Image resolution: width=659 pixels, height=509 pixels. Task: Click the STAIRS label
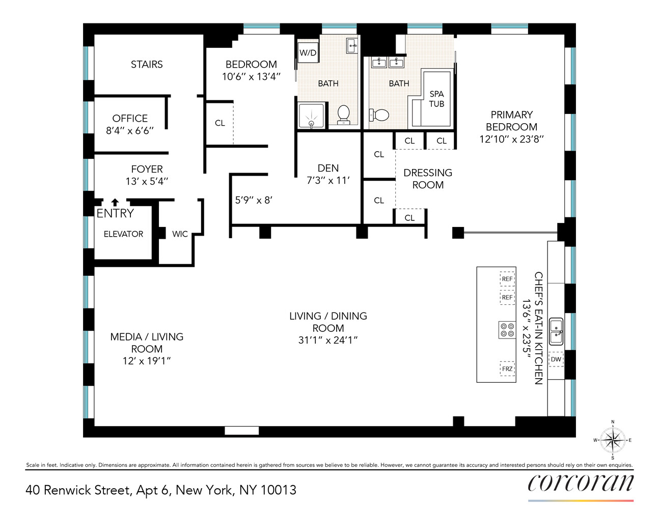tap(147, 64)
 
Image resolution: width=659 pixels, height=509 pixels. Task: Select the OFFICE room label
tap(130, 118)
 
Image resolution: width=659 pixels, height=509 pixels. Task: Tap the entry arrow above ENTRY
tap(115, 202)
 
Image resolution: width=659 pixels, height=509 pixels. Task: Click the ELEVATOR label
tap(123, 234)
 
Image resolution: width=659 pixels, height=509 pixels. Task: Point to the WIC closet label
tap(180, 234)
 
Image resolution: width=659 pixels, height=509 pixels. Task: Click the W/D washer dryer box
tap(308, 52)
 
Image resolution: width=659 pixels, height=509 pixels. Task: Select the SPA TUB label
tap(436, 99)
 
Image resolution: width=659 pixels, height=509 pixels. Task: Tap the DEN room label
tap(328, 168)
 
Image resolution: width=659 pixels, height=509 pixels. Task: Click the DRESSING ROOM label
tap(428, 179)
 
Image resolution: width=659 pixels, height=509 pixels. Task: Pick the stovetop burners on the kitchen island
tap(507, 330)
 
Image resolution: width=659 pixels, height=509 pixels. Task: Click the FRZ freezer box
tap(507, 369)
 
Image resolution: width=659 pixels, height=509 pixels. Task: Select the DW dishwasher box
tap(556, 359)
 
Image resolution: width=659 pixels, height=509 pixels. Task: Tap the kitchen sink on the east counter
tap(556, 330)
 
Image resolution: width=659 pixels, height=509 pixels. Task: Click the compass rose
tap(612, 440)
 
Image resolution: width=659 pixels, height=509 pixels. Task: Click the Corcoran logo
tap(581, 483)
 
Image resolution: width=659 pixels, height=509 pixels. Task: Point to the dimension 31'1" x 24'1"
tap(328, 341)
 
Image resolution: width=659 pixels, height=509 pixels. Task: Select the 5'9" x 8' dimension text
tap(254, 200)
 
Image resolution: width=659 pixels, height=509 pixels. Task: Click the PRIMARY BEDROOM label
tap(511, 121)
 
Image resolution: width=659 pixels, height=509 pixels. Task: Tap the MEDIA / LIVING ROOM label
tap(147, 343)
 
